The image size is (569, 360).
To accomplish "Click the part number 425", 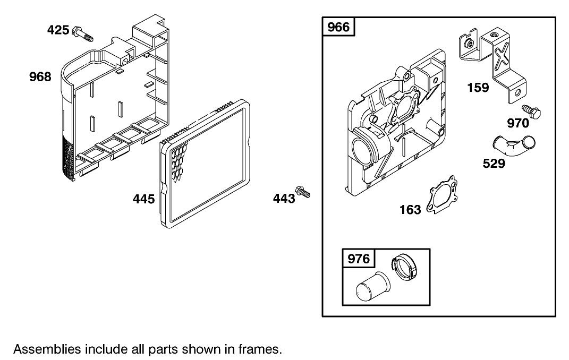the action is point(58,30).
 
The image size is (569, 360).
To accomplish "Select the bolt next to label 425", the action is point(83,33).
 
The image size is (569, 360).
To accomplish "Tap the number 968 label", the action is point(40,77).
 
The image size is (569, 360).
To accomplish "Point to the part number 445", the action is point(143,199).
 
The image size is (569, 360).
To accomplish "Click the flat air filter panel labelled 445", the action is point(205,164).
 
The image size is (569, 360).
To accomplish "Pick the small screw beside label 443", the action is point(303,192).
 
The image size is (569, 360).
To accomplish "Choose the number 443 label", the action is point(284,199).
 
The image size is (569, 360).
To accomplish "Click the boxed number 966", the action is point(338,27).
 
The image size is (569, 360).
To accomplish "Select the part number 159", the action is point(478,88).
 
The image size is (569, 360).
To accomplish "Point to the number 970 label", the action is point(518,123).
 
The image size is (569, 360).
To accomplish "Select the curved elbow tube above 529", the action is point(514,145).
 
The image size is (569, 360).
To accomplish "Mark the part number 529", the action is point(494,164).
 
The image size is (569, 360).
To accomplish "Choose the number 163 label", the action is point(410,210).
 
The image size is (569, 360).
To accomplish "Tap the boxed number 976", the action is point(359,259).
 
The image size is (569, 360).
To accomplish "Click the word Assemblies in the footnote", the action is point(47,349).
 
